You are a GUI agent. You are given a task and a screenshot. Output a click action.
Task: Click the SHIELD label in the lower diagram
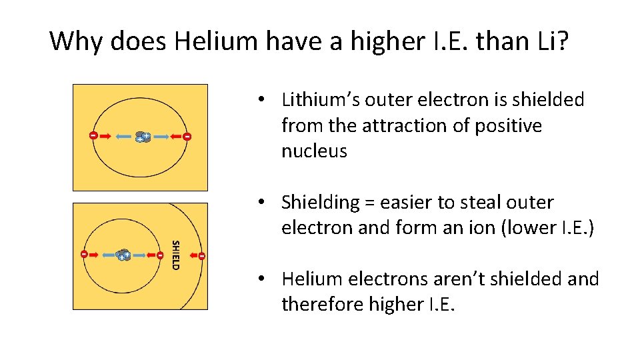(x=175, y=255)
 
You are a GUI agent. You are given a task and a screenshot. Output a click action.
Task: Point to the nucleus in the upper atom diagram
(x=142, y=137)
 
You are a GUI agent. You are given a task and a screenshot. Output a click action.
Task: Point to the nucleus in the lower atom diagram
(x=123, y=255)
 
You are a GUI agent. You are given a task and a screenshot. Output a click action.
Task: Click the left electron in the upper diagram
(x=93, y=136)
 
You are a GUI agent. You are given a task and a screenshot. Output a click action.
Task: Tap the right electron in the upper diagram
(x=187, y=137)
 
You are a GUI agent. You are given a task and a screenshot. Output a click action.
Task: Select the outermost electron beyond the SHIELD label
(x=201, y=255)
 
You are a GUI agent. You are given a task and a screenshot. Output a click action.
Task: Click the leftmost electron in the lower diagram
(x=84, y=254)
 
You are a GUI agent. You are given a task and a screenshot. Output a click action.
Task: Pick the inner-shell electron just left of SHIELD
(x=160, y=255)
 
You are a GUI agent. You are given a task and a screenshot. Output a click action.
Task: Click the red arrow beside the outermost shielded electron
(x=191, y=255)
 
